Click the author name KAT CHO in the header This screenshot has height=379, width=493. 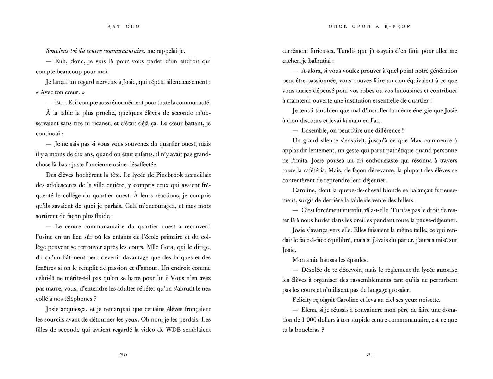[123, 27]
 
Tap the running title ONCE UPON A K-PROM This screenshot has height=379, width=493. [370, 27]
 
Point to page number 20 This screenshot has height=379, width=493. [123, 355]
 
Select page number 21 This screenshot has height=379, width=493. [370, 355]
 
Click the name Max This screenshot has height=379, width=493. [416, 140]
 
